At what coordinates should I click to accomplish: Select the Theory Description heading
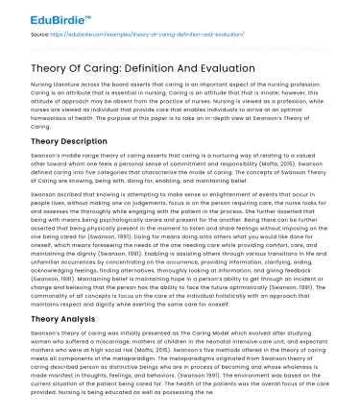70,140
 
